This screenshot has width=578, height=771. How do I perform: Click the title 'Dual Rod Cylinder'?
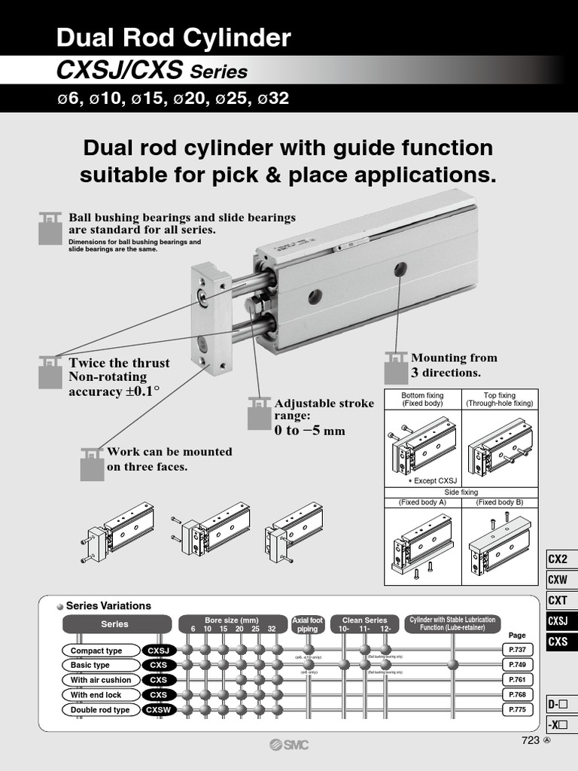click(x=174, y=38)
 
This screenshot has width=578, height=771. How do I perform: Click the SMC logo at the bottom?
click(x=289, y=745)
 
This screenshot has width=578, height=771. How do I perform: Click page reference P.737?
click(x=517, y=650)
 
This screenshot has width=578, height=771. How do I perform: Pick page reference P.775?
click(x=517, y=709)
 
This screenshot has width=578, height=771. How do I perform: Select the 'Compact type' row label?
click(x=96, y=651)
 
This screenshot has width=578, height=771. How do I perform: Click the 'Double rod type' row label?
click(x=100, y=710)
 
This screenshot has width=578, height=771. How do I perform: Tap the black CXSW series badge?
click(x=159, y=710)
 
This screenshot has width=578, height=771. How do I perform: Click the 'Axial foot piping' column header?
click(x=307, y=624)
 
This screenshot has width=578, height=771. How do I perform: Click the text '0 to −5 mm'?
click(x=309, y=431)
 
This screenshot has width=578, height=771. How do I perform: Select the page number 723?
click(x=531, y=740)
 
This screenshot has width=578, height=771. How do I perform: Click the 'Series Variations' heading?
click(x=108, y=605)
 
